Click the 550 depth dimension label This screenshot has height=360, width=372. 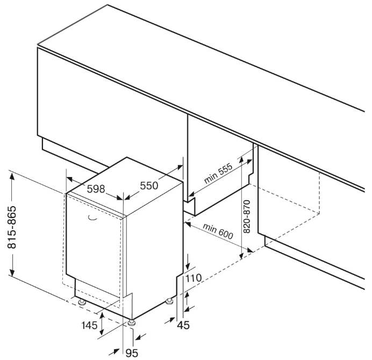pos(149,185)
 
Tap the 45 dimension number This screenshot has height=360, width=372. pos(185,325)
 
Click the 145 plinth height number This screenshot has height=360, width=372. pos(90,325)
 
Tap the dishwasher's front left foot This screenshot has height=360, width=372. pos(82,303)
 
